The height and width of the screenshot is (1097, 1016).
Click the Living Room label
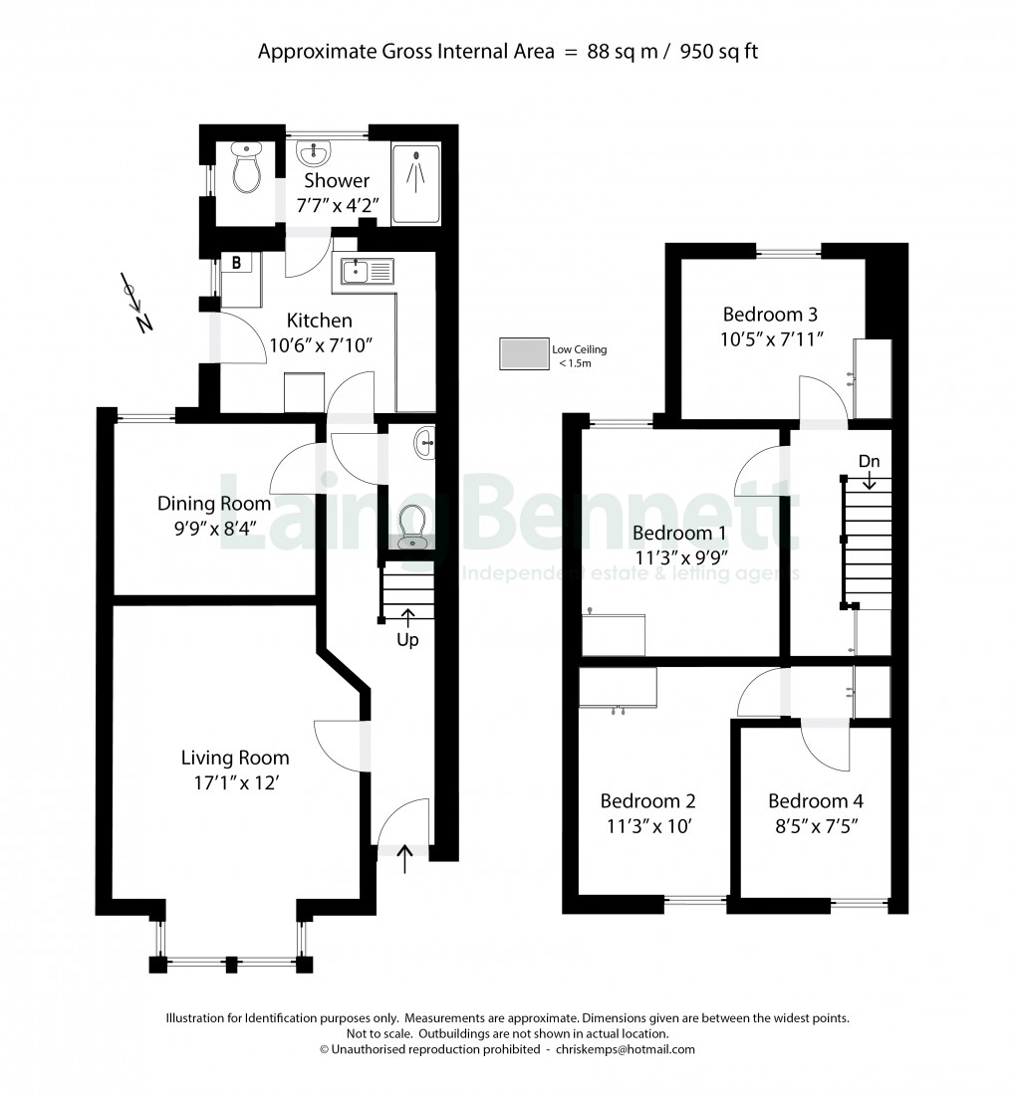(235, 758)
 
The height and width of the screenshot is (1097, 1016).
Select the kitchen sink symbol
(368, 271)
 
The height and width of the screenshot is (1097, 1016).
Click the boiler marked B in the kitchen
(238, 264)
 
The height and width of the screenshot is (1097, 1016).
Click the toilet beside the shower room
(245, 171)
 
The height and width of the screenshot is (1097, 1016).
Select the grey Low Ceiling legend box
(523, 355)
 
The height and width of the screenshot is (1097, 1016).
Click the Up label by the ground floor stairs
(407, 640)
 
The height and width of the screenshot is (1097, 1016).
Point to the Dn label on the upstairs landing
(869, 462)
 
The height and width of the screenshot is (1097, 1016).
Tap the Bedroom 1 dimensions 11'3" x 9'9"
(681, 556)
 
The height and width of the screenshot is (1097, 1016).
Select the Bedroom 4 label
(816, 801)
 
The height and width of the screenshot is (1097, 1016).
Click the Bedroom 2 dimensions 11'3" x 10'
(647, 825)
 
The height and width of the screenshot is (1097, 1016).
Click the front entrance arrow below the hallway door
(404, 859)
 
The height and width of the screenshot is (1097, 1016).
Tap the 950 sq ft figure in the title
(719, 52)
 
